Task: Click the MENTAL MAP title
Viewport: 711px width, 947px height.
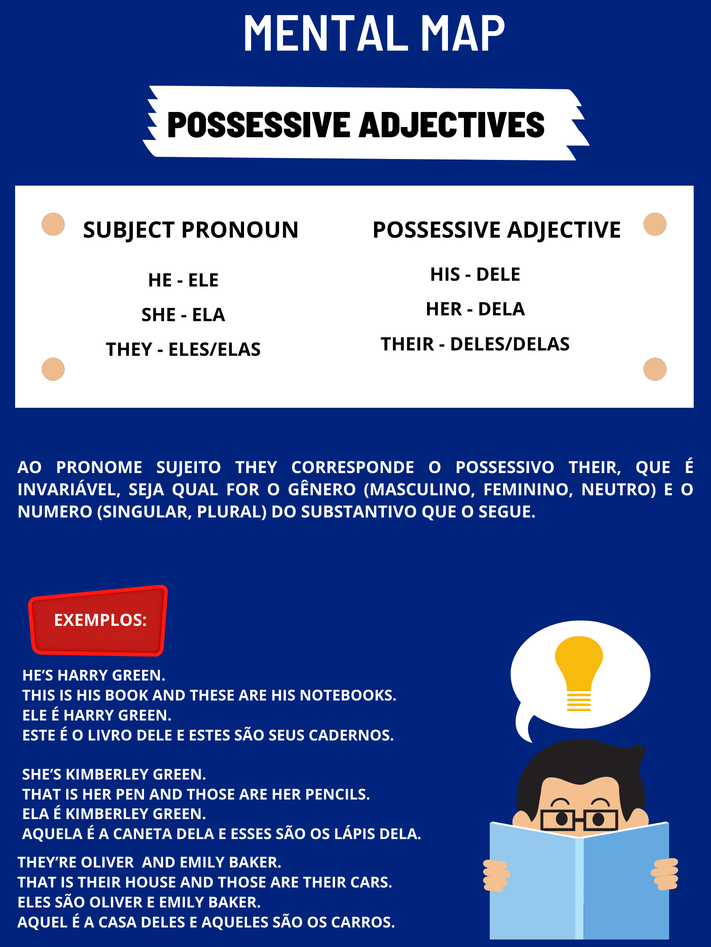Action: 374,33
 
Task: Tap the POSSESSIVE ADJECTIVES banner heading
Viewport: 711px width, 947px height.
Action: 356,125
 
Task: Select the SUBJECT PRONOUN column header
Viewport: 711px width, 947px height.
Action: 191,230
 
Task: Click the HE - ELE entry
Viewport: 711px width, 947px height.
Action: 183,280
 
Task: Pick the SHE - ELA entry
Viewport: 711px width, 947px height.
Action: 183,315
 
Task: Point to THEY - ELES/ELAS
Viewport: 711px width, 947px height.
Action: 183,350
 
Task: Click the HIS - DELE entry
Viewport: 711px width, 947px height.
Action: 475,275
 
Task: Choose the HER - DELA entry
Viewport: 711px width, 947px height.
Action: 475,309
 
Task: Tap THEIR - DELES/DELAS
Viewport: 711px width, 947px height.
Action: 475,344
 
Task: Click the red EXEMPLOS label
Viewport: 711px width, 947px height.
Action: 100,620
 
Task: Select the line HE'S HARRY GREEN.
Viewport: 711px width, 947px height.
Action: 94,675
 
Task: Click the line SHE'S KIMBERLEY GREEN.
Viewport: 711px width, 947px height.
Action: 114,774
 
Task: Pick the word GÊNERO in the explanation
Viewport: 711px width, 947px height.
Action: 322,489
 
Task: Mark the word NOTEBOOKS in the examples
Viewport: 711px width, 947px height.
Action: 348,695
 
